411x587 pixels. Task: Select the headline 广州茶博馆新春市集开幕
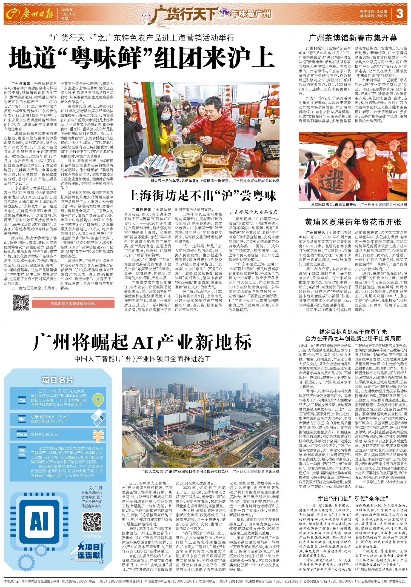coord(353,38)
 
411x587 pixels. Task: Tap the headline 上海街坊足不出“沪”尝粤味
coord(202,196)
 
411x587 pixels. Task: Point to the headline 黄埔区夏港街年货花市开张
coord(353,222)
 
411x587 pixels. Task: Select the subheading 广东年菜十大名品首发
coord(253,212)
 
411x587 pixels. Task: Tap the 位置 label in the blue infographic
coord(22,400)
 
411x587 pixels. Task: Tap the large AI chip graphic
coord(39,522)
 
